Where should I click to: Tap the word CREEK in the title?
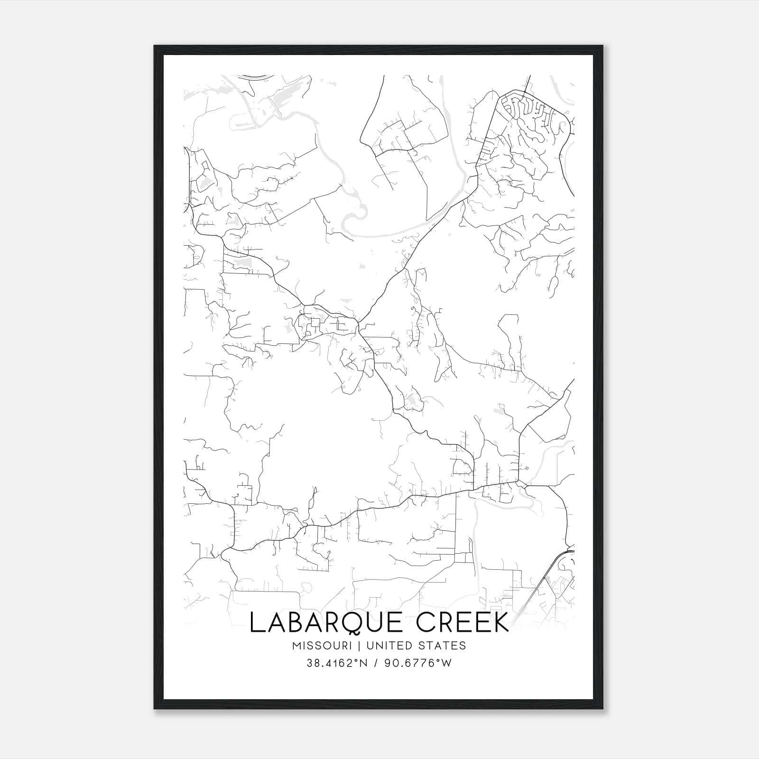(463, 623)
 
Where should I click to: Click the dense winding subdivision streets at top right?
(531, 119)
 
